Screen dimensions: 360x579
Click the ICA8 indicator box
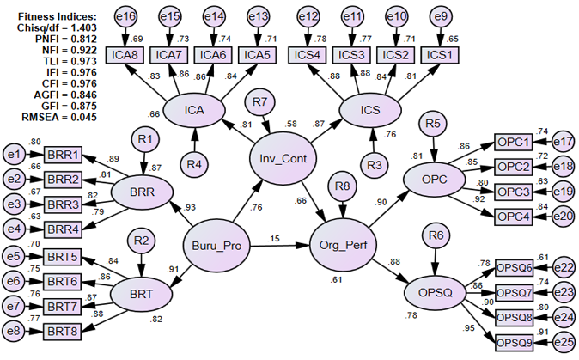pos(126,54)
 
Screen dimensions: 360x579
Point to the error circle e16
pos(125,16)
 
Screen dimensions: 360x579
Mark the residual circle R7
pos(260,103)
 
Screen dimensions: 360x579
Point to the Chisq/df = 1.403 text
pos(53,27)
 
